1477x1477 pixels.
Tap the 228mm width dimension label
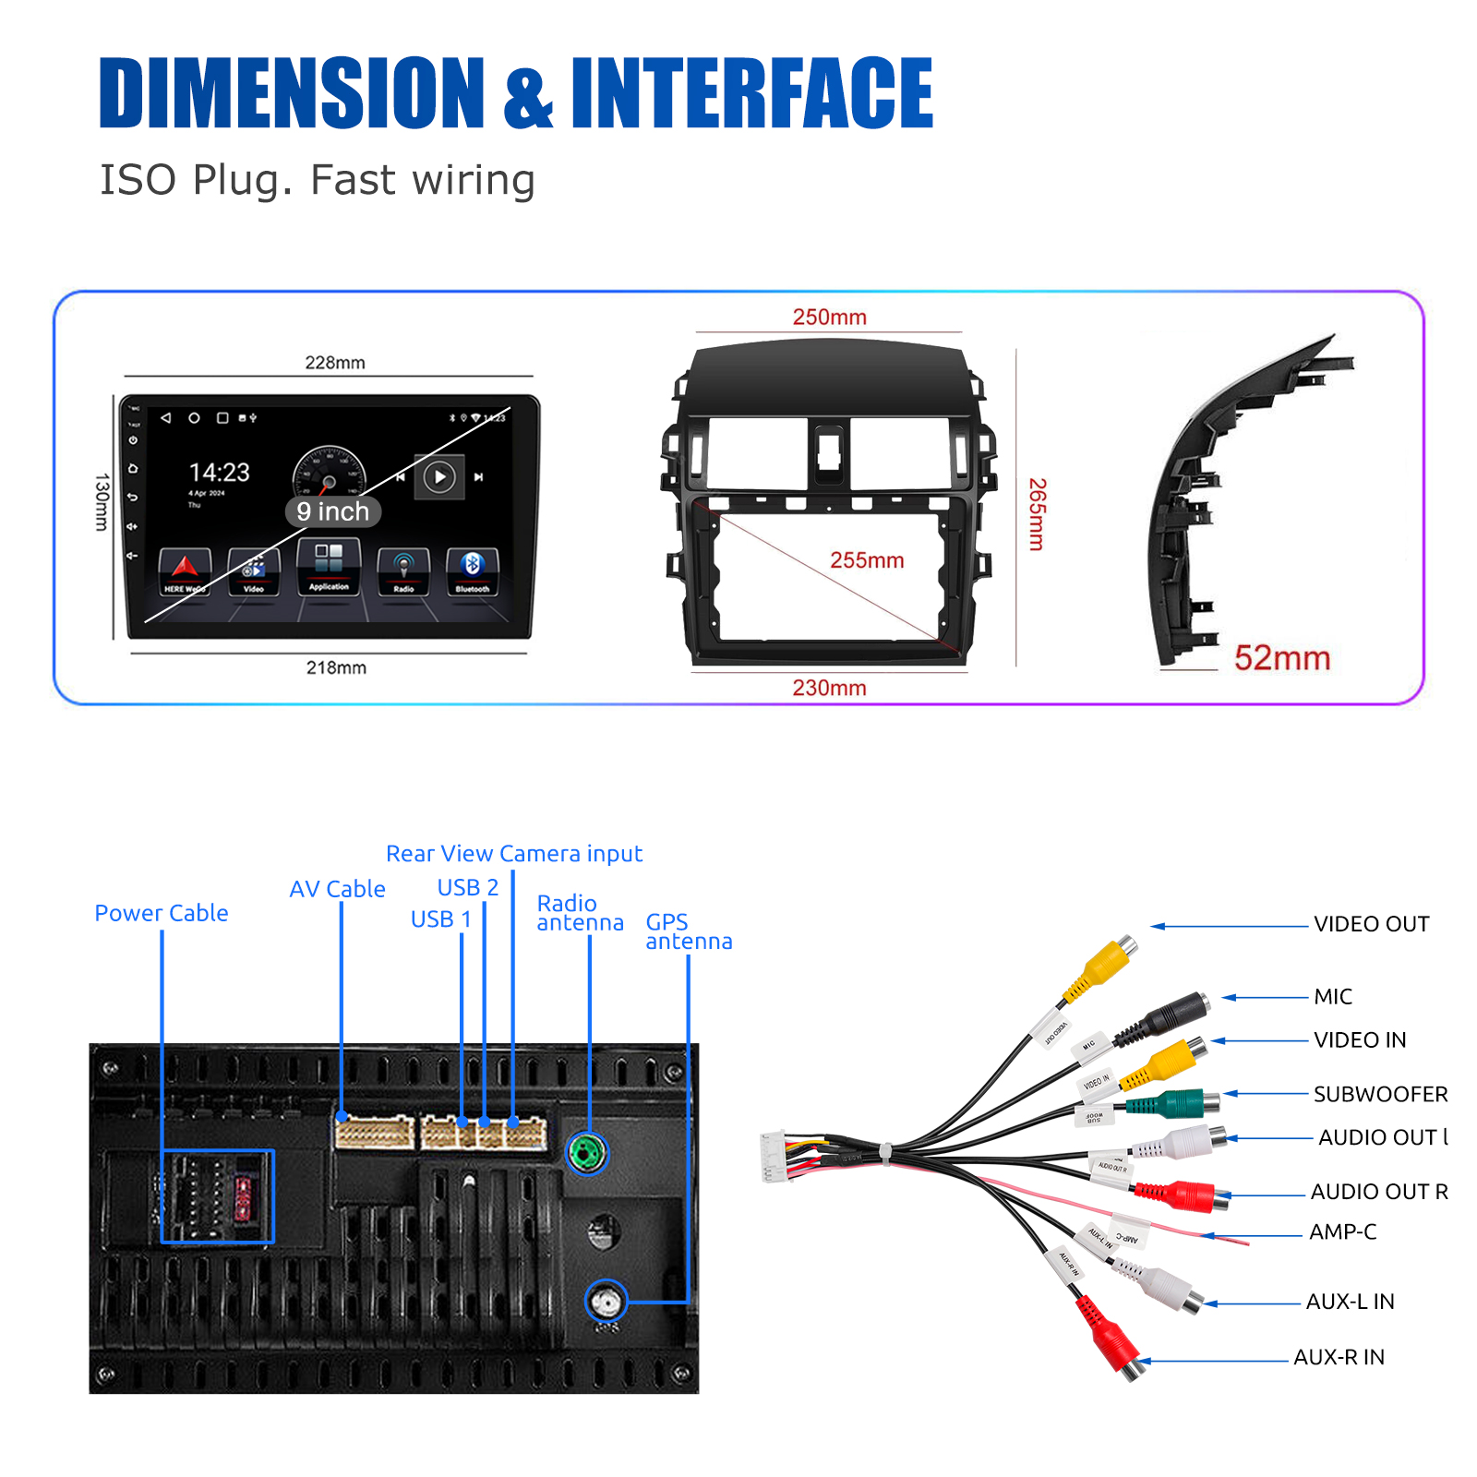[335, 363]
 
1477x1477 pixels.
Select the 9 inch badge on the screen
[333, 511]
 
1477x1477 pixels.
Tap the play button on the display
[439, 476]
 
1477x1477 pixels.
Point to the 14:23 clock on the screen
[220, 473]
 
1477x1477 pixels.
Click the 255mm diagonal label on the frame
[867, 560]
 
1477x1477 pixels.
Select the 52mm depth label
[1282, 658]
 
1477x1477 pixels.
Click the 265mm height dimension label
[1038, 514]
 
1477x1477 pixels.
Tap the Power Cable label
[162, 913]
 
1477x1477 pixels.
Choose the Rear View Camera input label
[514, 854]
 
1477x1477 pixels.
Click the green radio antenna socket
[587, 1153]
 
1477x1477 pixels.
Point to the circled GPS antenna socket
[606, 1302]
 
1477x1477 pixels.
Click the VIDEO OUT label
[1371, 924]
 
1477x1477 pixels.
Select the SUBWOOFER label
[1380, 1094]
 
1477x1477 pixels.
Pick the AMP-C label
[1342, 1231]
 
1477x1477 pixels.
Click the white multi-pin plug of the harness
[773, 1157]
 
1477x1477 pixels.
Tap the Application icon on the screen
[329, 567]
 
